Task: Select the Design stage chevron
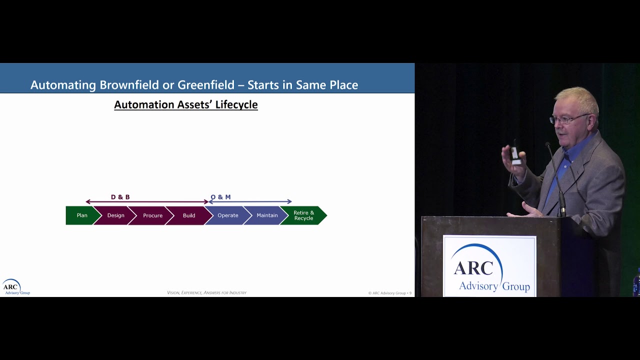click(115, 215)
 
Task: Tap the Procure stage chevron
click(152, 215)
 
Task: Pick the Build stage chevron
click(189, 215)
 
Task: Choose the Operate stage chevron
click(227, 215)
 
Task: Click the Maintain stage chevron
click(267, 215)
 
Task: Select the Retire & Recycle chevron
click(303, 215)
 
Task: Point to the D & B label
click(120, 197)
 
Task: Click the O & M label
click(220, 197)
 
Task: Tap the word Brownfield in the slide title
click(129, 85)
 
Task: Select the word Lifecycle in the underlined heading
click(236, 104)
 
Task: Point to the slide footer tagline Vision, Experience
click(206, 292)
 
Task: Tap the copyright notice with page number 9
click(389, 293)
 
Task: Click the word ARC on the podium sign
click(473, 268)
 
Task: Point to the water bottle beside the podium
click(636, 282)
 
